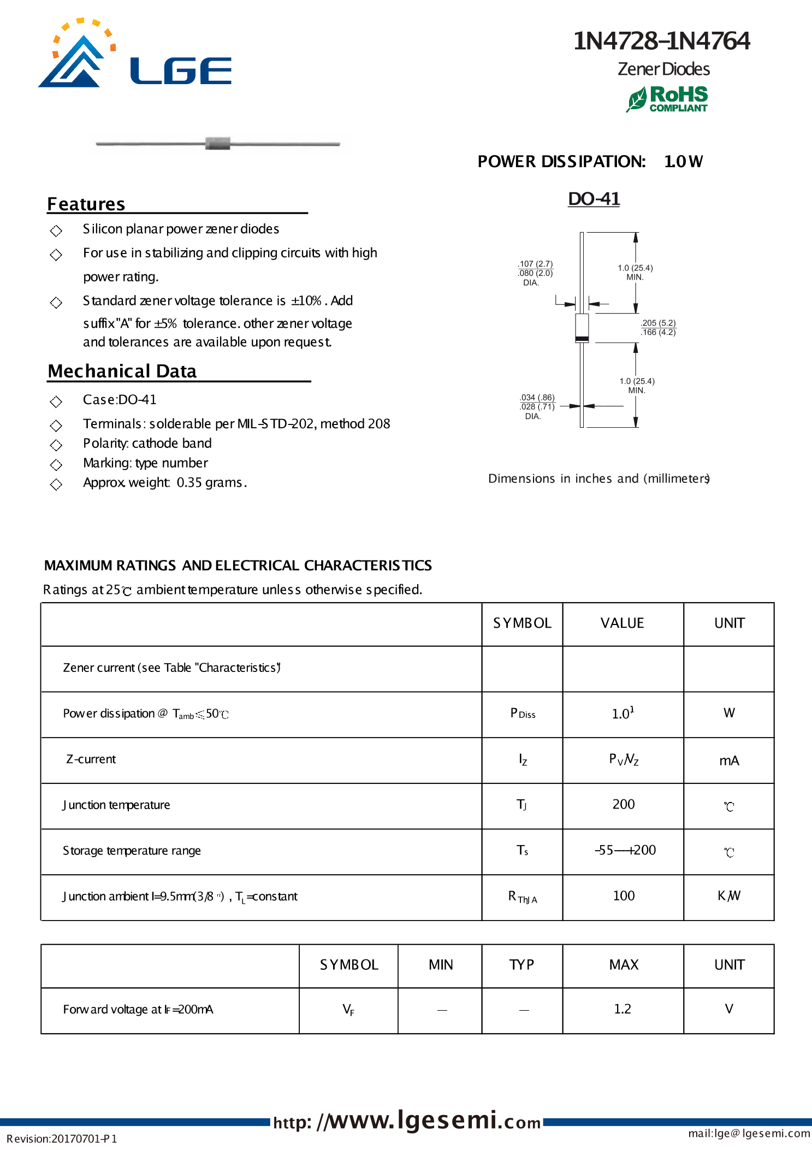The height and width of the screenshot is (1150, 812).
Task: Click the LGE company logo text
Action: click(181, 71)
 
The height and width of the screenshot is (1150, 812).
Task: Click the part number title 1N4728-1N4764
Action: click(661, 41)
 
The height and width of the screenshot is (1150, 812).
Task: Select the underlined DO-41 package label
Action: click(594, 199)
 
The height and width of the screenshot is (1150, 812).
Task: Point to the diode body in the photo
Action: click(218, 143)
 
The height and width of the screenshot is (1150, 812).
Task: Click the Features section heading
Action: click(86, 204)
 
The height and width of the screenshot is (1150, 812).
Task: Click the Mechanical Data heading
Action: click(122, 371)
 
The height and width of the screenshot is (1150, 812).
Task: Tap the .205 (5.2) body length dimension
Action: click(658, 323)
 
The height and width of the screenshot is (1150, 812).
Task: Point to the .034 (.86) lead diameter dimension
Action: click(537, 397)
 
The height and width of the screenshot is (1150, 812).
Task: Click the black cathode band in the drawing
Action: click(582, 339)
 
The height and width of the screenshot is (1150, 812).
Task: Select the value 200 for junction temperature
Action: click(623, 804)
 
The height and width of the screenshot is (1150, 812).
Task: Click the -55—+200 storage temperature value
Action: click(625, 850)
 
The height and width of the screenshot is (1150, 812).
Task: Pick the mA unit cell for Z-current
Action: click(728, 760)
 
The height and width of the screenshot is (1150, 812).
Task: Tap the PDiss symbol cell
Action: click(522, 713)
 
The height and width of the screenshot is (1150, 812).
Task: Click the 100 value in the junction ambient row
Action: click(623, 895)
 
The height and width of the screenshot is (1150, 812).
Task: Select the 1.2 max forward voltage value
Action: click(622, 1009)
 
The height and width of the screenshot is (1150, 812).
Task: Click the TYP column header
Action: click(521, 965)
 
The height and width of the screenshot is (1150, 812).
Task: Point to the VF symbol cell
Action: click(348, 1010)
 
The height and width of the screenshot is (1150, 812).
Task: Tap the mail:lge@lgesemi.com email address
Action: click(749, 1133)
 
